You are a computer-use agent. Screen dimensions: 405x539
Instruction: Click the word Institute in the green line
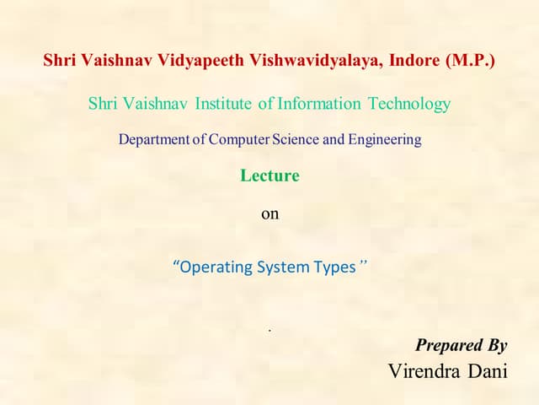pos(223,105)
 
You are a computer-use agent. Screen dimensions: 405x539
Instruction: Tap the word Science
pos(296,140)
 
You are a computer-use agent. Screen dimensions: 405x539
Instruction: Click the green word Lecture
pos(269,176)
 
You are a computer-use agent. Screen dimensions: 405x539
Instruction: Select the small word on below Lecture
pos(269,214)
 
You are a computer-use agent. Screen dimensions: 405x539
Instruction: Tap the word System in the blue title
pos(289,267)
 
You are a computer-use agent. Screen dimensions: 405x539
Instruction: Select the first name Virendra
pos(423,371)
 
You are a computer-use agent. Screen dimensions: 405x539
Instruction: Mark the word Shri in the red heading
pos(61,62)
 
